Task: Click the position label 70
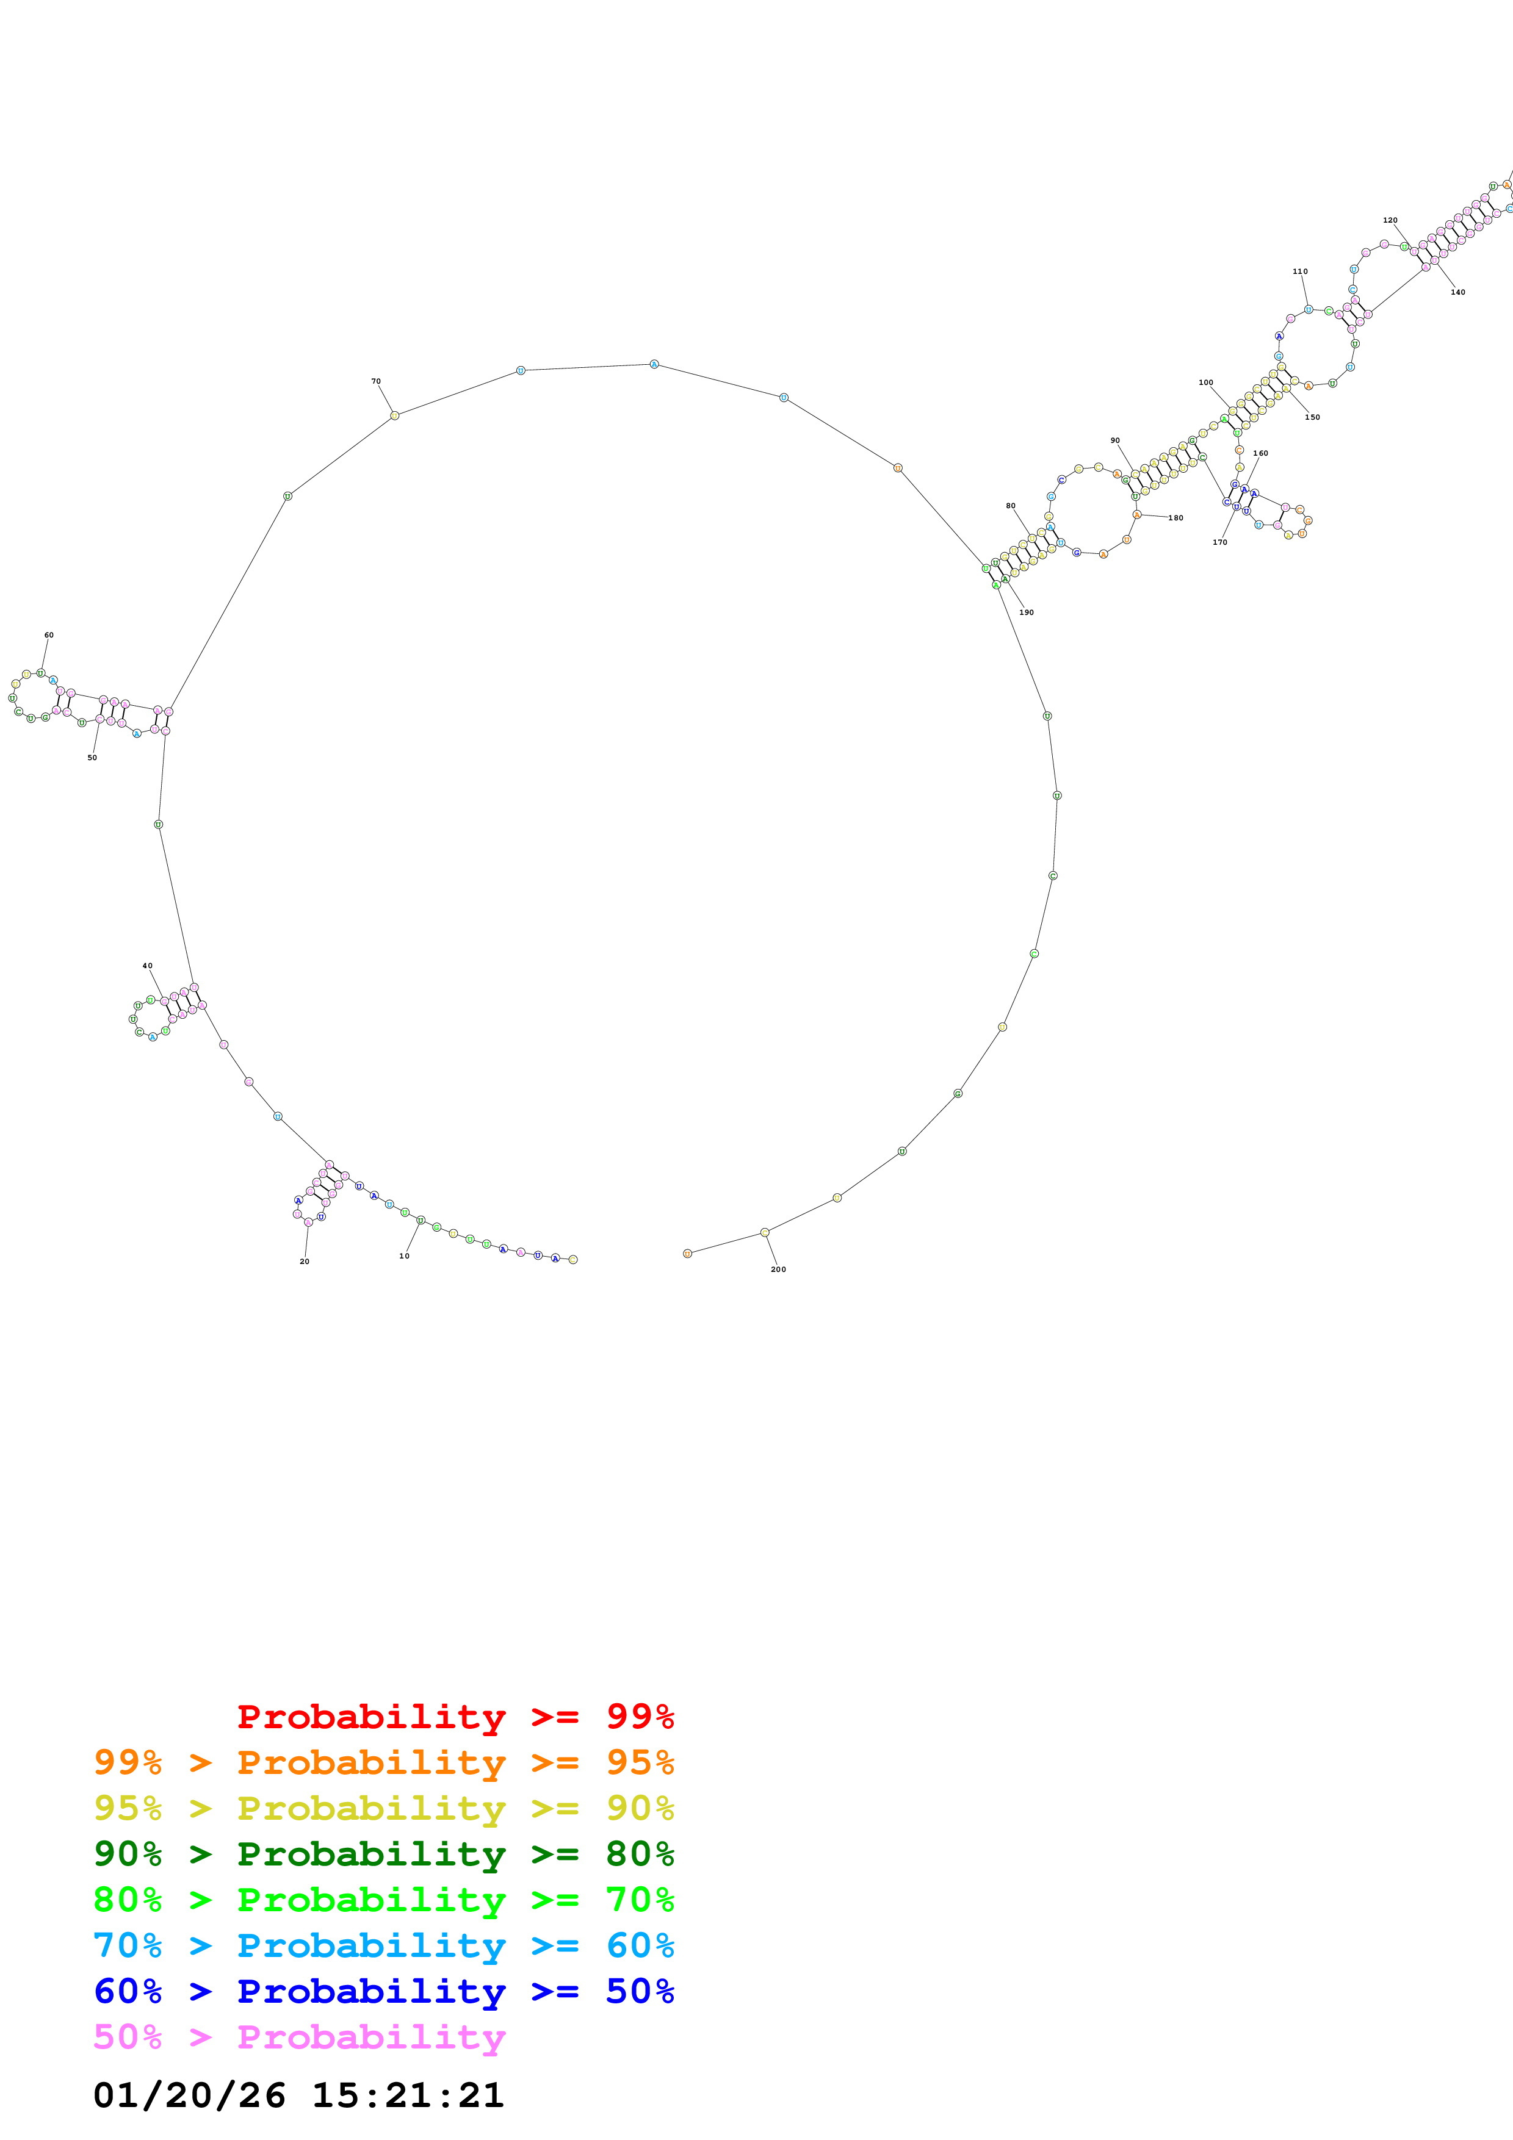click(x=376, y=381)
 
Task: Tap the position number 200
click(x=778, y=1269)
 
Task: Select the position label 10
click(x=403, y=1255)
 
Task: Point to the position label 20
click(x=304, y=1261)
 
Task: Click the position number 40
click(x=147, y=966)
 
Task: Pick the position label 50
click(x=92, y=758)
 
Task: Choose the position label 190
click(x=1027, y=612)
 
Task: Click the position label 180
click(x=1175, y=518)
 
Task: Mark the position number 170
click(x=1219, y=542)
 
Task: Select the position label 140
click(x=1458, y=292)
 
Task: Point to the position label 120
click(x=1390, y=220)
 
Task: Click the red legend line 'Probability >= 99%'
click(x=455, y=1716)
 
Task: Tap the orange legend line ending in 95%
click(x=383, y=1762)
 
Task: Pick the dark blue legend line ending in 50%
click(x=383, y=1991)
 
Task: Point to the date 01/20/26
click(x=189, y=2095)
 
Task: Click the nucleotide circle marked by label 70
click(x=394, y=415)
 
